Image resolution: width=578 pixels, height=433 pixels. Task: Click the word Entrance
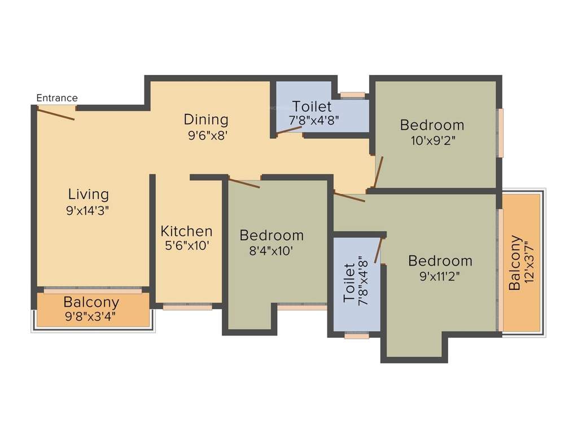[x=57, y=98]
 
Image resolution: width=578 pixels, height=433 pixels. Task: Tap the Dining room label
[x=206, y=120]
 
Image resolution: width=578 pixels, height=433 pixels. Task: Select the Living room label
[x=88, y=195]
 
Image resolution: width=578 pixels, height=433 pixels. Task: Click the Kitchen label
[x=187, y=231]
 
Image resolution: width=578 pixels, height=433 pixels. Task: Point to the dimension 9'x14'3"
[x=87, y=211]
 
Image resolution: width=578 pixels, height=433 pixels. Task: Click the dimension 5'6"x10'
[x=186, y=246]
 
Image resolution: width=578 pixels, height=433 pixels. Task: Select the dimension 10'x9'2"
[x=432, y=140]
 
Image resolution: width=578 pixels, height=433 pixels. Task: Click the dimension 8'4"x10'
[x=271, y=251]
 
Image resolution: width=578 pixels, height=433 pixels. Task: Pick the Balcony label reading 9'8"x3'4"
[x=91, y=316]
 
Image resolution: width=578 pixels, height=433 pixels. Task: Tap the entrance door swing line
[x=56, y=114]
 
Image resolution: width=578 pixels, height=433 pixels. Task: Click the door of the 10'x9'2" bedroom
[x=379, y=171]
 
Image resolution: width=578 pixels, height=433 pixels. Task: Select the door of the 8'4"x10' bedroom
[x=244, y=183]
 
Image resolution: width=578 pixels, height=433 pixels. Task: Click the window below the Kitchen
[x=187, y=307]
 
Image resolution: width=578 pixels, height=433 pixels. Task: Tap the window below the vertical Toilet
[x=357, y=335]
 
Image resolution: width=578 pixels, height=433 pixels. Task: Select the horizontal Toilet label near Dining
[x=312, y=106]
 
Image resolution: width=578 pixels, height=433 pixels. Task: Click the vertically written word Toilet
[x=349, y=282]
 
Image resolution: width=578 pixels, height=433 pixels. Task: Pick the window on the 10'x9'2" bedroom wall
[x=500, y=132]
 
